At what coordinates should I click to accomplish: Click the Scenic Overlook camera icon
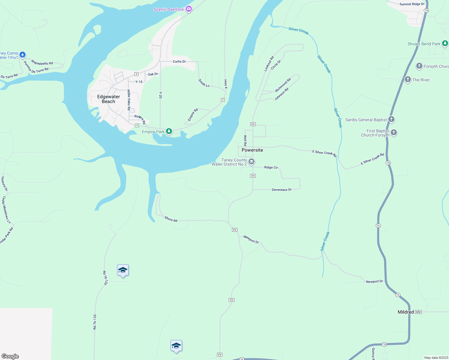coord(189,9)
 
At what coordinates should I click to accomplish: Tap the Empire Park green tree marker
coord(169,131)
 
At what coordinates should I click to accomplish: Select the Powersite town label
coord(252,150)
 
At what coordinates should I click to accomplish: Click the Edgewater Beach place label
coord(109,99)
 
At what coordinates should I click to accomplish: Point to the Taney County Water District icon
coord(252,162)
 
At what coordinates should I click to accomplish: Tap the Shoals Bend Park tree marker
coord(445,43)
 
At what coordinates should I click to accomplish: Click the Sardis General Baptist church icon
coord(391,119)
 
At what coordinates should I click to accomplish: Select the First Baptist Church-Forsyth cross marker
coord(394,132)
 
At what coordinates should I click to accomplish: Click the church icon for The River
coord(408,79)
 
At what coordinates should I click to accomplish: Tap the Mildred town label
coord(405,312)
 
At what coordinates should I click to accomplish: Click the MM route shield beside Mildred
coord(418,312)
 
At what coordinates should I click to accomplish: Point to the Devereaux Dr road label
coord(282,190)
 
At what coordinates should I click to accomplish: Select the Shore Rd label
coord(171,219)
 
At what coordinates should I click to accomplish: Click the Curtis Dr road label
coord(179,61)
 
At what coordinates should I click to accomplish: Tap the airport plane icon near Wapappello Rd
coord(23,55)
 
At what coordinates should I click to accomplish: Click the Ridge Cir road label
coord(271,167)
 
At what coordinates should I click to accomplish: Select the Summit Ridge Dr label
coord(412,4)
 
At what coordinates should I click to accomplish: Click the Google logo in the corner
coord(10,356)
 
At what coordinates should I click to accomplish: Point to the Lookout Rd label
coord(269,64)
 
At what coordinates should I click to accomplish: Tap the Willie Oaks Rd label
coord(129,100)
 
